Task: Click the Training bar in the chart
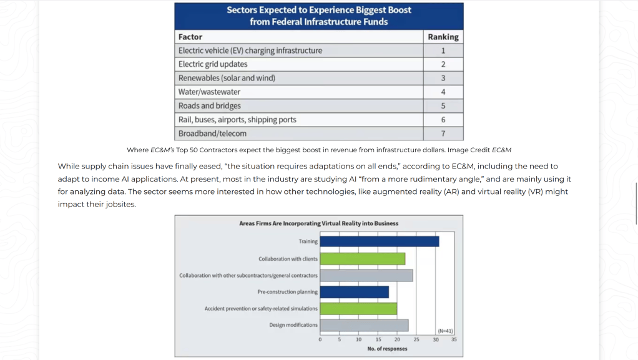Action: click(379, 241)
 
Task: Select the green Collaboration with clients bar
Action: click(363, 259)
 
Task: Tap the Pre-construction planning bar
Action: click(355, 291)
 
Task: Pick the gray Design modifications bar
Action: click(364, 325)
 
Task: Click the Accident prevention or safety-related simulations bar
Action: click(358, 308)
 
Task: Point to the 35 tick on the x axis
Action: click(454, 339)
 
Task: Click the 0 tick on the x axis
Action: click(320, 339)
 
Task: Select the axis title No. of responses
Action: click(387, 349)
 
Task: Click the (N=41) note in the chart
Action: click(445, 331)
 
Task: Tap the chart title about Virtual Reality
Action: click(318, 223)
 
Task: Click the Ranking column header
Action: click(443, 37)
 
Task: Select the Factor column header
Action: click(190, 37)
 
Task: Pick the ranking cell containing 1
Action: click(443, 51)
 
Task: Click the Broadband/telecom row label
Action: click(212, 134)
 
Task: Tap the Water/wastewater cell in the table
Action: click(299, 92)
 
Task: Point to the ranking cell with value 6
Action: click(443, 120)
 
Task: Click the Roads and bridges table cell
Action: click(299, 106)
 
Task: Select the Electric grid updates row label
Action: click(213, 64)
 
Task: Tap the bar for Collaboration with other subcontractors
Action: click(366, 275)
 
